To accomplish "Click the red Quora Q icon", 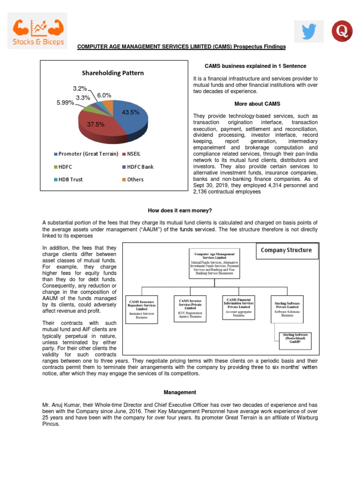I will pos(342,31).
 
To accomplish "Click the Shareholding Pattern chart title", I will pos(113,73).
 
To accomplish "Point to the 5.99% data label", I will pos(65,103).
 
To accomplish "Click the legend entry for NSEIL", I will pos(132,154).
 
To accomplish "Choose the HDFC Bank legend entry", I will pos(137,166).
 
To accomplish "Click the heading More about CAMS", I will pos(255,103).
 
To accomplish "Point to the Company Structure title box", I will pos(286,250).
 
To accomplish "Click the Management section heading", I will pos(180,392).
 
